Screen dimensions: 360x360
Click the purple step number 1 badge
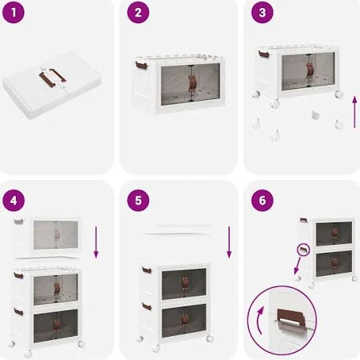(14, 13)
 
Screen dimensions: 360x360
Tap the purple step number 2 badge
(138, 13)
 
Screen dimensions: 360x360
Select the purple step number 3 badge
(262, 13)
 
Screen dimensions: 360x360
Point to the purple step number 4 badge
(14, 201)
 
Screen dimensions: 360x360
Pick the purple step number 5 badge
(138, 201)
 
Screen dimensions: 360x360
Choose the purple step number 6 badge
(262, 201)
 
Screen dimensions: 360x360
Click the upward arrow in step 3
(354, 112)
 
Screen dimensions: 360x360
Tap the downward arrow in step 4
(96, 242)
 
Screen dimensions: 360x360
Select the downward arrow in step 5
(229, 242)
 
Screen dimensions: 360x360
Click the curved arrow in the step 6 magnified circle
(258, 320)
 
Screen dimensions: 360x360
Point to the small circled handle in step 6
(303, 250)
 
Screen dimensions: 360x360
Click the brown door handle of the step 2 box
(192, 83)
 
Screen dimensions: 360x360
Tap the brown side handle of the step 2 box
(140, 65)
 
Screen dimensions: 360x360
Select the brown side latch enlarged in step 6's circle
(291, 318)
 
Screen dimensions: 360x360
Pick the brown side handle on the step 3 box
(264, 54)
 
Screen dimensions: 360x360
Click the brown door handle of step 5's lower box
(184, 320)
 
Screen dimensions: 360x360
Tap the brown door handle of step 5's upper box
(184, 283)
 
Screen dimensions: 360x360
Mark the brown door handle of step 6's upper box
(334, 233)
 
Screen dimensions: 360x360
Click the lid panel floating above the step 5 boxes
(178, 230)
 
